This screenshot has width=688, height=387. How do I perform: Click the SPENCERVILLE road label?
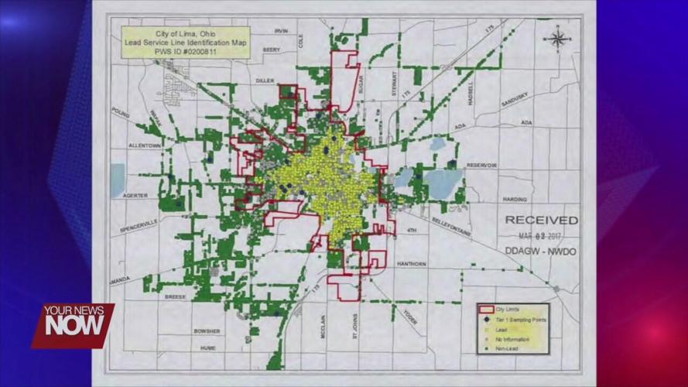[139, 229]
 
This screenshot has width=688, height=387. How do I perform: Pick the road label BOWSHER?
[207, 331]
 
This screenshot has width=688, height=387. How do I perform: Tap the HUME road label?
[208, 348]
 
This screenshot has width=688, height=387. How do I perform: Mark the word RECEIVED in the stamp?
[541, 221]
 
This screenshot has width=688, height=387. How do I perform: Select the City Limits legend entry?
[513, 310]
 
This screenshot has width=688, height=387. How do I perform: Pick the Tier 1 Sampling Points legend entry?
[519, 320]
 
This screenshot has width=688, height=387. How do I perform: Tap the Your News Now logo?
[74, 324]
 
